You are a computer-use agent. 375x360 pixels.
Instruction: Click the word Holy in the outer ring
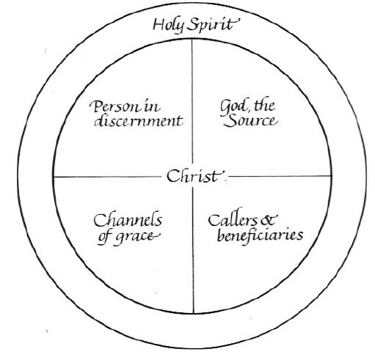(168, 26)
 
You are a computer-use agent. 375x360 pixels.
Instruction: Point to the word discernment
(139, 121)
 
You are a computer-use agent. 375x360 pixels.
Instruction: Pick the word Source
(250, 121)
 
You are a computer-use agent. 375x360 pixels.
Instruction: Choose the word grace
(138, 237)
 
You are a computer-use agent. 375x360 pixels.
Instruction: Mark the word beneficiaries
(260, 235)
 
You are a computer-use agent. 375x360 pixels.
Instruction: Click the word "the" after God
(264, 106)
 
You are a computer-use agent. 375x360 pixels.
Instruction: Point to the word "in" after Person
(152, 106)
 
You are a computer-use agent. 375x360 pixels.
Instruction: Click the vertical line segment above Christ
(192, 101)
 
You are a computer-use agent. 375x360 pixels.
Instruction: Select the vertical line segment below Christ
(193, 250)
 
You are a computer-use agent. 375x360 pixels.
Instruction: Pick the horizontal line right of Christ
(280, 176)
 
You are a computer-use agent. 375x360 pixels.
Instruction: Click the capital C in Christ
(172, 176)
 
